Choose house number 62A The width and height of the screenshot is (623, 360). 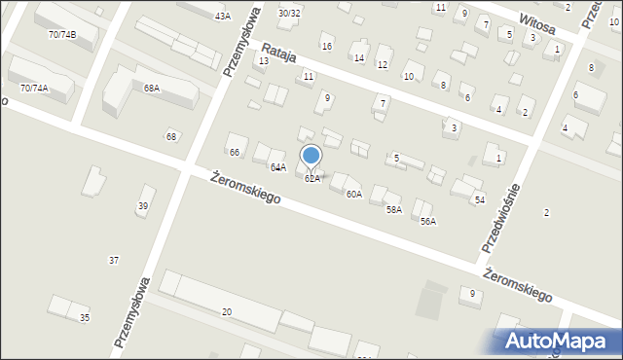pos(311,179)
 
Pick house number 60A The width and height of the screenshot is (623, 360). pos(353,195)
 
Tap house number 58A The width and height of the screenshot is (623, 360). pos(393,209)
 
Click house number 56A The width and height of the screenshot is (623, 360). pos(428,222)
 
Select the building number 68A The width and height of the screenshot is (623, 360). pos(152,89)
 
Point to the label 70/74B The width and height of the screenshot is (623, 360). pos(61,35)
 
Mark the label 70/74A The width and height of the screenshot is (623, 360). pos(34,89)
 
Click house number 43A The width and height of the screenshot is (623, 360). pos(223,17)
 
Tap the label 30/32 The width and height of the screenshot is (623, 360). pos(289,14)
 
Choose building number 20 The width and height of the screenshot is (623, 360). pos(227,311)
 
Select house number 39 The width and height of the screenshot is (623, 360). pos(143,205)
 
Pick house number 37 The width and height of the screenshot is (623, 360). pos(114,260)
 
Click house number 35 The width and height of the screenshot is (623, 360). pos(85,318)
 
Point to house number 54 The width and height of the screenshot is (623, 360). pos(479,199)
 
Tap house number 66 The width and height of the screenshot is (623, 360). pos(234,152)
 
